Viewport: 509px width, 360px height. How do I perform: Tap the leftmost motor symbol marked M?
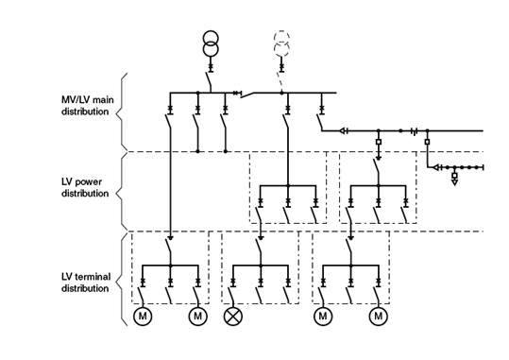pyautogui.click(x=142, y=316)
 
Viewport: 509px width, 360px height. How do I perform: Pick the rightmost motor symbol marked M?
pyautogui.click(x=379, y=316)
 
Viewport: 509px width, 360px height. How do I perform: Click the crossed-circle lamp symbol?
pyautogui.click(x=232, y=316)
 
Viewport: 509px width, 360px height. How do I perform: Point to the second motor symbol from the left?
pyautogui.click(x=197, y=316)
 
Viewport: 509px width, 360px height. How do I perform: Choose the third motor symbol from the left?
pyautogui.click(x=323, y=316)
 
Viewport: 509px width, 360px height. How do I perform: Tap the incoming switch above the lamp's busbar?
pyautogui.click(x=261, y=250)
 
